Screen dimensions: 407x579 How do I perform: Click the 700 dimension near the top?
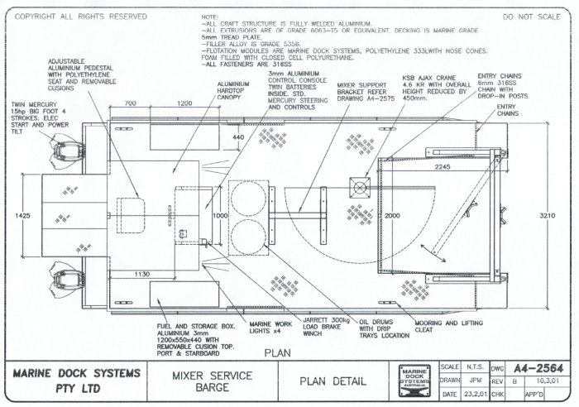(130, 104)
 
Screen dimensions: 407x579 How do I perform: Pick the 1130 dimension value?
(141, 274)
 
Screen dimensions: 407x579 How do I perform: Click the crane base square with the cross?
(361, 188)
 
